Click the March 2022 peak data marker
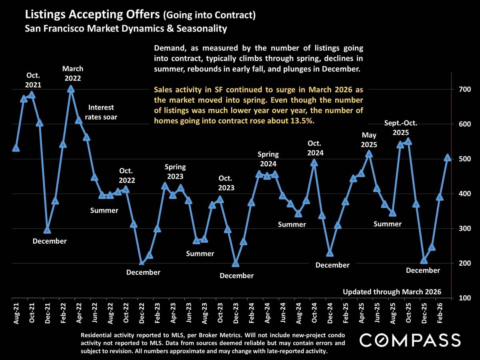(71, 89)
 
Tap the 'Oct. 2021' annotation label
(34, 80)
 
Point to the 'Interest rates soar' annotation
(101, 112)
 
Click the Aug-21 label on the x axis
(16, 313)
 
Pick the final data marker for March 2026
(448, 158)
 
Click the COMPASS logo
(410, 340)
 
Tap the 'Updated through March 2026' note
(392, 292)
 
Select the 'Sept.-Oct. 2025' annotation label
(401, 128)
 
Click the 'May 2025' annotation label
(369, 140)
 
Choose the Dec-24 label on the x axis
(330, 313)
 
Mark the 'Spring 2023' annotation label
(175, 172)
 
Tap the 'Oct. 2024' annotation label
(315, 148)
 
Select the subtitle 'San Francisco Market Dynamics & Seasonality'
(126, 29)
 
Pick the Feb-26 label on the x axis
(440, 313)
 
